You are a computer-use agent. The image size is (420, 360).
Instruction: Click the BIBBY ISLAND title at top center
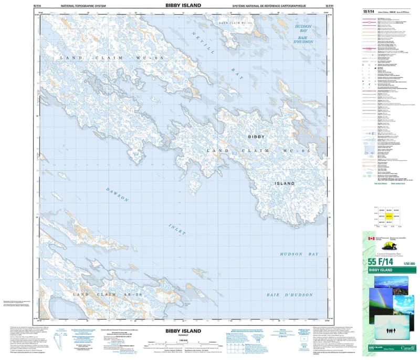183,4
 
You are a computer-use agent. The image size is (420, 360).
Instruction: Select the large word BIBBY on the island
256,137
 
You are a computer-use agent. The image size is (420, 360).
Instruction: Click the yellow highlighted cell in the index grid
389,216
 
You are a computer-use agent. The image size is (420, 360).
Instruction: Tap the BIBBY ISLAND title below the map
183,331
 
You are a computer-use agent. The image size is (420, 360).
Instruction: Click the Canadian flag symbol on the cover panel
372,239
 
